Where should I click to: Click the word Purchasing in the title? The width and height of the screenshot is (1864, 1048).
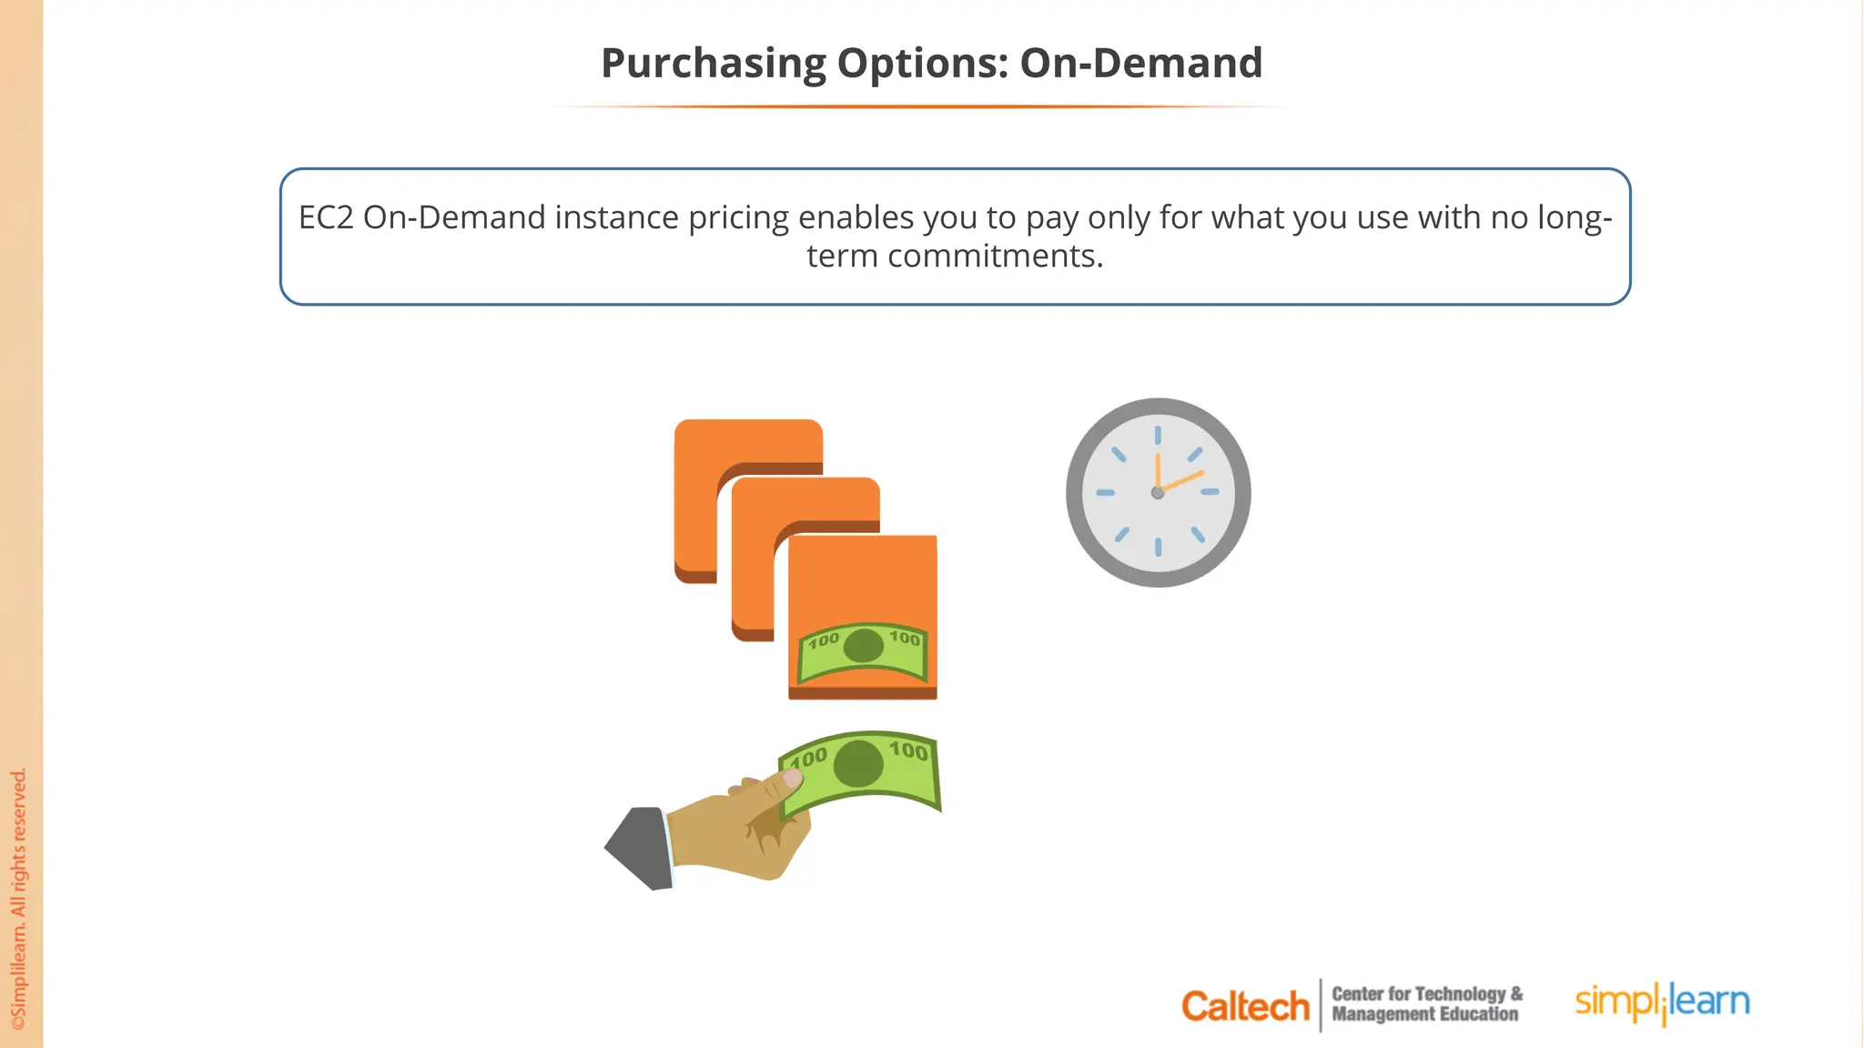(x=713, y=64)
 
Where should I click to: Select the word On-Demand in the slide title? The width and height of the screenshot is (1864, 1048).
(x=1140, y=64)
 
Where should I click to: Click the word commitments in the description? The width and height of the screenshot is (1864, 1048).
(x=996, y=257)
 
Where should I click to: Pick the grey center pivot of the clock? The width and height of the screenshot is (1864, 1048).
(x=1158, y=493)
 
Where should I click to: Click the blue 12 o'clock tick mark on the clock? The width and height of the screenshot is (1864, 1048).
(x=1158, y=436)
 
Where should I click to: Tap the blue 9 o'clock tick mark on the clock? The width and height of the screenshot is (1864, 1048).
(x=1105, y=492)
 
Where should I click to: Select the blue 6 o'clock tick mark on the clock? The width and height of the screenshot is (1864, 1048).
(x=1158, y=547)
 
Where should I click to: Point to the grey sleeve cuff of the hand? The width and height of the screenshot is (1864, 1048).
(x=641, y=848)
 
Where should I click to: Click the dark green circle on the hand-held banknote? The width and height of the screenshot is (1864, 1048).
(x=858, y=763)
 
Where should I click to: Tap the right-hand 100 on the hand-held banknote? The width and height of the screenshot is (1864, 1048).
(x=908, y=751)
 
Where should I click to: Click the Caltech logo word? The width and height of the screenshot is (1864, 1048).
(x=1245, y=1006)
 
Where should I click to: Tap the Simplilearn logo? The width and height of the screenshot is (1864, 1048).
(x=1662, y=1003)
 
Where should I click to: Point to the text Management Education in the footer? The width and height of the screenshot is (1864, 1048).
(x=1424, y=1014)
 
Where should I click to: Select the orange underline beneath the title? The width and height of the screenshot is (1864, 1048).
(x=919, y=106)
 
